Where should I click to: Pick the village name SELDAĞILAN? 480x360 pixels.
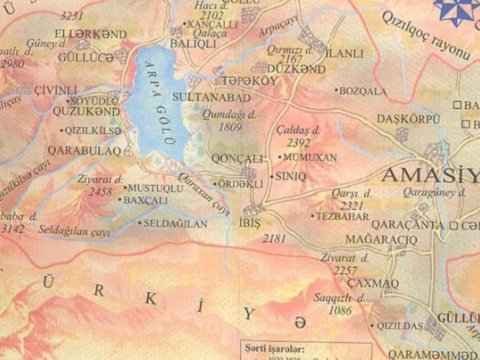pos(177,223)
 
